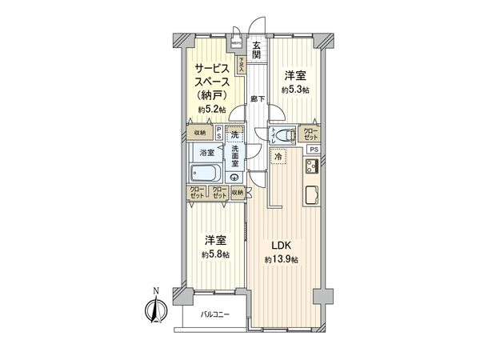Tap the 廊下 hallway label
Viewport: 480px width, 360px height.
coord(254,98)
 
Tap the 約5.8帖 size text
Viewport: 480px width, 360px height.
coord(214,254)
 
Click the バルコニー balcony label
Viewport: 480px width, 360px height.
coord(215,314)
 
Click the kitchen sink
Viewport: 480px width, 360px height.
coord(312,195)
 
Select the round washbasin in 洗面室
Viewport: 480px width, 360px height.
coord(234,177)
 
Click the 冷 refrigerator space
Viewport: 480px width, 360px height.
coord(276,158)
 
